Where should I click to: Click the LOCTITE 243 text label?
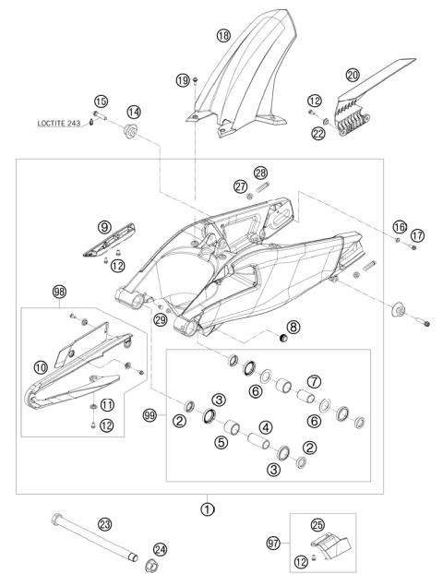58,123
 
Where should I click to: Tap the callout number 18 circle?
223,35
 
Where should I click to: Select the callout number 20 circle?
353,76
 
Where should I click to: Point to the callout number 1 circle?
208,508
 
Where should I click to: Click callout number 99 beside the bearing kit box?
150,415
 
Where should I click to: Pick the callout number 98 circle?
59,292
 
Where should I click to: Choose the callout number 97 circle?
273,543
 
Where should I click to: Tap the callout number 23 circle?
104,524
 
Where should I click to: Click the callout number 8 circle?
293,327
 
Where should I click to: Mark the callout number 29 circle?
161,320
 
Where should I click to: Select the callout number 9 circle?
104,227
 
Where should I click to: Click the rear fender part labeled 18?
241,72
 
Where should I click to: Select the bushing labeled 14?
130,131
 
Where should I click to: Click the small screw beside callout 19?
195,80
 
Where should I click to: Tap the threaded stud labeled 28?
260,187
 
